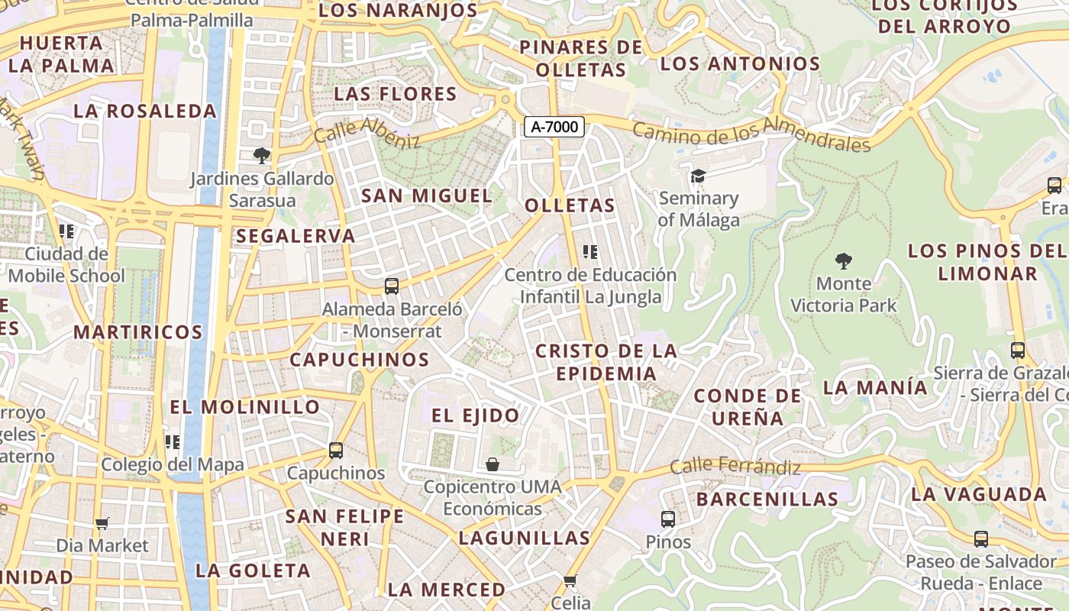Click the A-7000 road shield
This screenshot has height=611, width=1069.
[554, 128]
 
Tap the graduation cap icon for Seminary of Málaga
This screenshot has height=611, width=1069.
[698, 176]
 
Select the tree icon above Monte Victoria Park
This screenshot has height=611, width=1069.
[843, 262]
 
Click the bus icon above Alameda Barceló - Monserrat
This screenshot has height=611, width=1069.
[392, 286]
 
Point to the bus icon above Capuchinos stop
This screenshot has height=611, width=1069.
[336, 450]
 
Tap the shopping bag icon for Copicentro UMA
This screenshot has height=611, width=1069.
[493, 464]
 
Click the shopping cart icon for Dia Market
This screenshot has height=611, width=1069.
[102, 523]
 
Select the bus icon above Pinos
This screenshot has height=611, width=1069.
[668, 519]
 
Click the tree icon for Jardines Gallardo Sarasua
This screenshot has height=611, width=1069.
[262, 156]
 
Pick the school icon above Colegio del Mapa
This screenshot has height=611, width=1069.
[173, 441]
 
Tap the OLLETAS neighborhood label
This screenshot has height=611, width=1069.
[570, 205]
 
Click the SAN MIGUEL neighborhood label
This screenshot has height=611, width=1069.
[427, 196]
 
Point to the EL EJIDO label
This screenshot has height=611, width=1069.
[475, 415]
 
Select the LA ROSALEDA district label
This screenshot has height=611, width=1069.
[145, 111]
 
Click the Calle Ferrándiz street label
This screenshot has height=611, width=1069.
[735, 466]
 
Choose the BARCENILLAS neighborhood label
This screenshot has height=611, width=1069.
[767, 499]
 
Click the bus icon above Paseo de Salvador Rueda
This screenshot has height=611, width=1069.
[981, 539]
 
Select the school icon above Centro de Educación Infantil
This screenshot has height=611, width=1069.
[590, 251]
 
